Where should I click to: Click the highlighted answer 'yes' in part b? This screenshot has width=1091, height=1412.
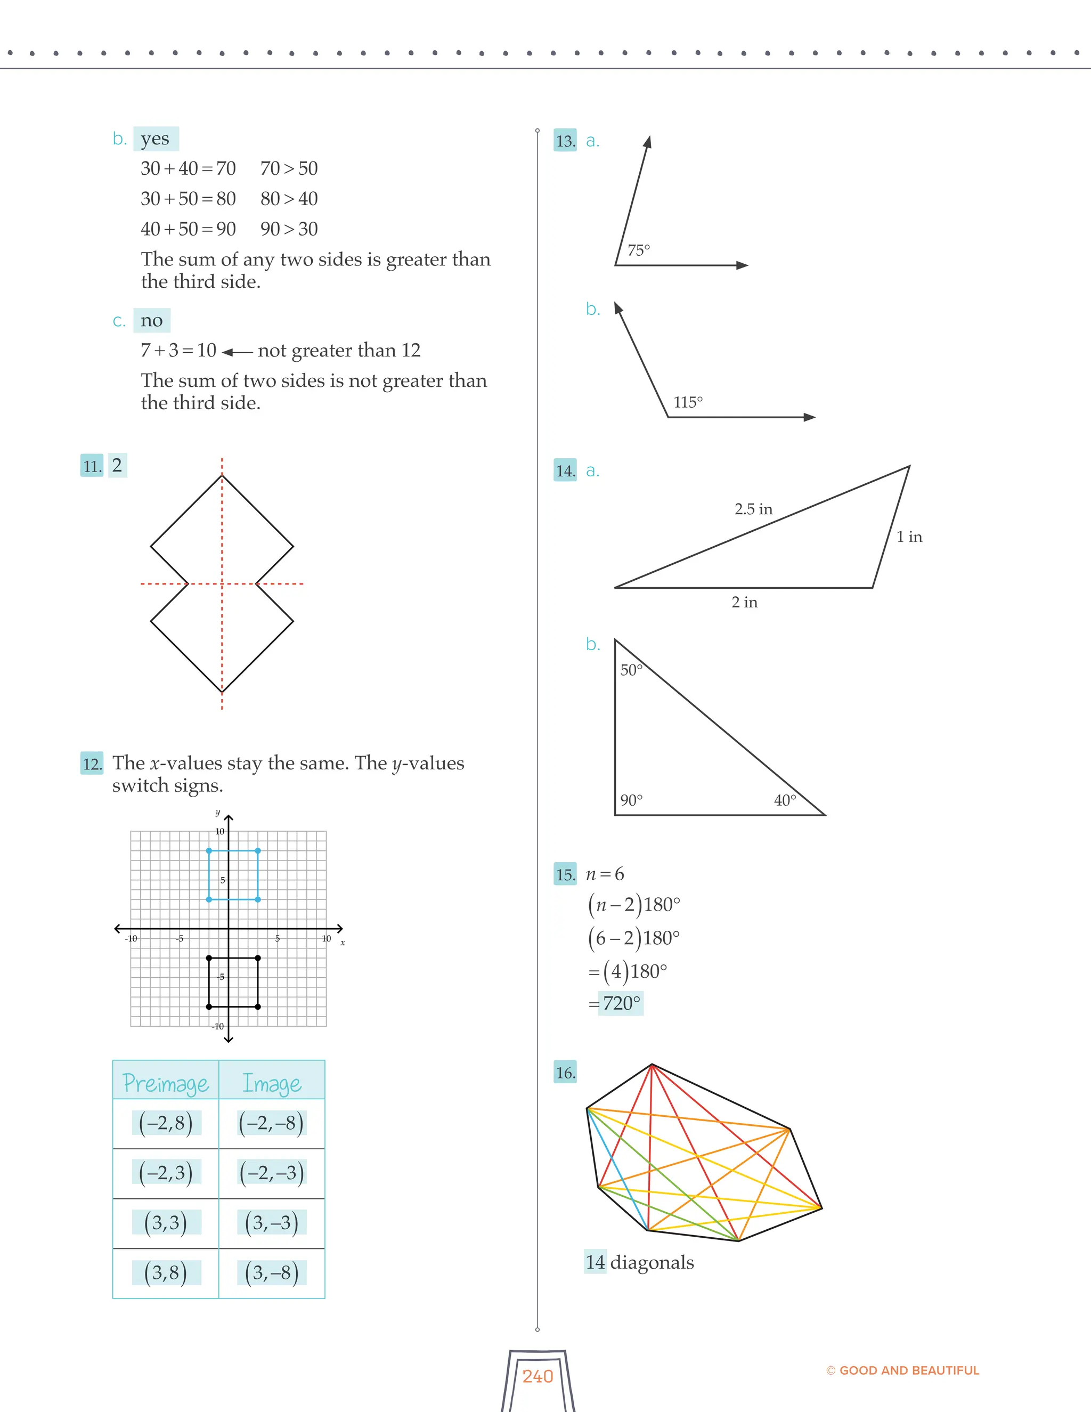click(x=155, y=139)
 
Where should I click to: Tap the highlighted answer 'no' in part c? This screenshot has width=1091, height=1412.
click(x=152, y=321)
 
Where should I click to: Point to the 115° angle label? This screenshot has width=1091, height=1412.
click(x=688, y=402)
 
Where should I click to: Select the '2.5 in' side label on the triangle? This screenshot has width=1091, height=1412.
click(x=753, y=509)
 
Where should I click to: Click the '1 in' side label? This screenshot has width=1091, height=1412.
click(x=909, y=537)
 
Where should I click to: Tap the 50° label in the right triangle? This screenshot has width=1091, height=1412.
click(x=631, y=670)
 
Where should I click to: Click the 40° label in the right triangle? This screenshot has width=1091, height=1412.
click(x=785, y=800)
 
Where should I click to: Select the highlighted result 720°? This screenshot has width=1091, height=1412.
click(x=621, y=1003)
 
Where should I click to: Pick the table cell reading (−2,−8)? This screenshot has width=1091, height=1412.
click(x=272, y=1123)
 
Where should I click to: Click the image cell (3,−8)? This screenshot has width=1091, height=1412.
click(x=272, y=1273)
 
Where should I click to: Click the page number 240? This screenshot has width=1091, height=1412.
click(x=538, y=1376)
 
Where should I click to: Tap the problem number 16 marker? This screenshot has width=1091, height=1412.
click(x=565, y=1073)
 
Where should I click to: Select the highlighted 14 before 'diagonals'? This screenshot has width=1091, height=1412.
click(x=595, y=1262)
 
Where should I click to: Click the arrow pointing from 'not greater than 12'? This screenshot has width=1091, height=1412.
click(x=237, y=352)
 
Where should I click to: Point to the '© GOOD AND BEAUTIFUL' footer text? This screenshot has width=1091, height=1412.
click(x=902, y=1370)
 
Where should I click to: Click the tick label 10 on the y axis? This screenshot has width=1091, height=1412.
click(x=220, y=831)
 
